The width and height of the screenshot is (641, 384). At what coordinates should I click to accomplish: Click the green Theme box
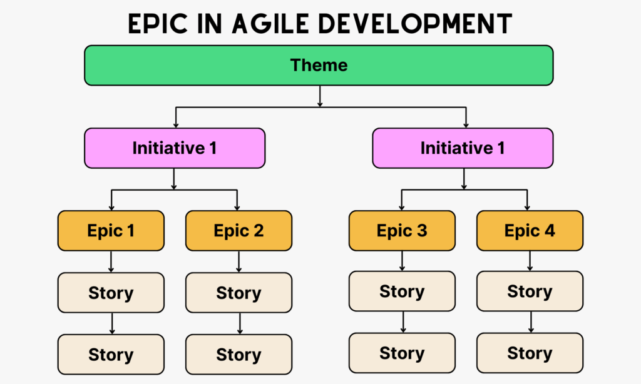coord(319,65)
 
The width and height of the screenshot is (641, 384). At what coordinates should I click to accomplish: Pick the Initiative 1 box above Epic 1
coord(175,148)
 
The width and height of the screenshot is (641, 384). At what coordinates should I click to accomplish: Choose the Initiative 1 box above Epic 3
coord(463,148)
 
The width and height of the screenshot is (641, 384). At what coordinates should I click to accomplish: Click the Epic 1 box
coord(111,231)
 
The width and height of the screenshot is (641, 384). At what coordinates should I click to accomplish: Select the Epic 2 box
coord(238,231)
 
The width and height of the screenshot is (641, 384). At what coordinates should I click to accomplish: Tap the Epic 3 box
coord(402,231)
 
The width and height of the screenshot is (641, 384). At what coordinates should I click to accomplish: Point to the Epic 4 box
coord(530,231)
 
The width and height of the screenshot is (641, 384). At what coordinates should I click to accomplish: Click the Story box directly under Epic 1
coord(111,293)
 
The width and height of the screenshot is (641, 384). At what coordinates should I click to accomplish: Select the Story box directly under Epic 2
coord(238,293)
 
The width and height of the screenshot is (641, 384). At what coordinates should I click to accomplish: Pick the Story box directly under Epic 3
coord(402,291)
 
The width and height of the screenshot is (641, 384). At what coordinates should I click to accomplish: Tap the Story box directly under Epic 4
coord(530,291)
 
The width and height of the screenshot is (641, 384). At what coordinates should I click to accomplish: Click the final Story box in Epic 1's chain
coord(111,355)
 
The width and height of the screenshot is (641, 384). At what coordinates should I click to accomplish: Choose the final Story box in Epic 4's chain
coord(530,353)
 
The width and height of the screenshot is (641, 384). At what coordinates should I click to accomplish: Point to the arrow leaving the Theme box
coord(320,96)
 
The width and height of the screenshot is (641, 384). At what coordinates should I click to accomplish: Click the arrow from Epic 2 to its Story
coord(238,261)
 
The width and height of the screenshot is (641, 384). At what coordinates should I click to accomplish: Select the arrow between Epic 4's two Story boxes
coord(530,322)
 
